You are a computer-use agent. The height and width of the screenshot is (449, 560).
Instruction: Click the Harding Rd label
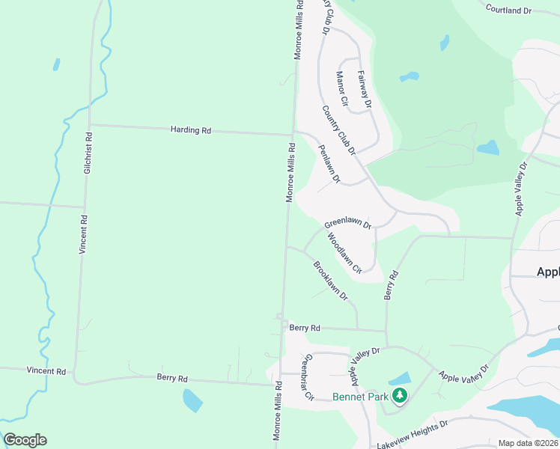[x=191, y=130]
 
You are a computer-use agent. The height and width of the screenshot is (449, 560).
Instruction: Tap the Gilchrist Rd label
[x=88, y=154]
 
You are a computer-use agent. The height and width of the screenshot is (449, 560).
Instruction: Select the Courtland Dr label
[x=508, y=10]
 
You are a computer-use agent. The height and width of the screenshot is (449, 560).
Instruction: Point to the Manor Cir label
[x=343, y=89]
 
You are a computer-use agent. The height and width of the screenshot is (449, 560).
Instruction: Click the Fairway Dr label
[x=365, y=89]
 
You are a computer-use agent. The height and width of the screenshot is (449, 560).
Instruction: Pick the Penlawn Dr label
[x=329, y=164]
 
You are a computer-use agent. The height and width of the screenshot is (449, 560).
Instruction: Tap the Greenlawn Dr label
[x=347, y=224]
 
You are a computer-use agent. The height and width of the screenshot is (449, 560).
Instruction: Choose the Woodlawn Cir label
[x=344, y=252]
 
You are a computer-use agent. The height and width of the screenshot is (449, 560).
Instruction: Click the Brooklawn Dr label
[x=331, y=281]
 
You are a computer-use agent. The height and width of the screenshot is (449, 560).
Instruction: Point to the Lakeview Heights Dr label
[x=412, y=434]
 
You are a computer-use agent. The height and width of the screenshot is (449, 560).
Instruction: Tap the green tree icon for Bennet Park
[x=400, y=395]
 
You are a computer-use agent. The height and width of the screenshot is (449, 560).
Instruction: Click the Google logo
[x=25, y=440]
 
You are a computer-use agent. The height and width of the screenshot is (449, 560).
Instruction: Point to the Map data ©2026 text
[x=527, y=443]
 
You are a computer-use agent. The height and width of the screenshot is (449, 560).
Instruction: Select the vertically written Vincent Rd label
[x=83, y=234]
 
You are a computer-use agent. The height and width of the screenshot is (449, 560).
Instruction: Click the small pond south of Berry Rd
[x=192, y=400]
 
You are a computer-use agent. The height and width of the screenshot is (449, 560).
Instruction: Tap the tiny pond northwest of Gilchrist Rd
[x=56, y=64]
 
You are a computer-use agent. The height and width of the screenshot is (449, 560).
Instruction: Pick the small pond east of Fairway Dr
[x=410, y=76]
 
